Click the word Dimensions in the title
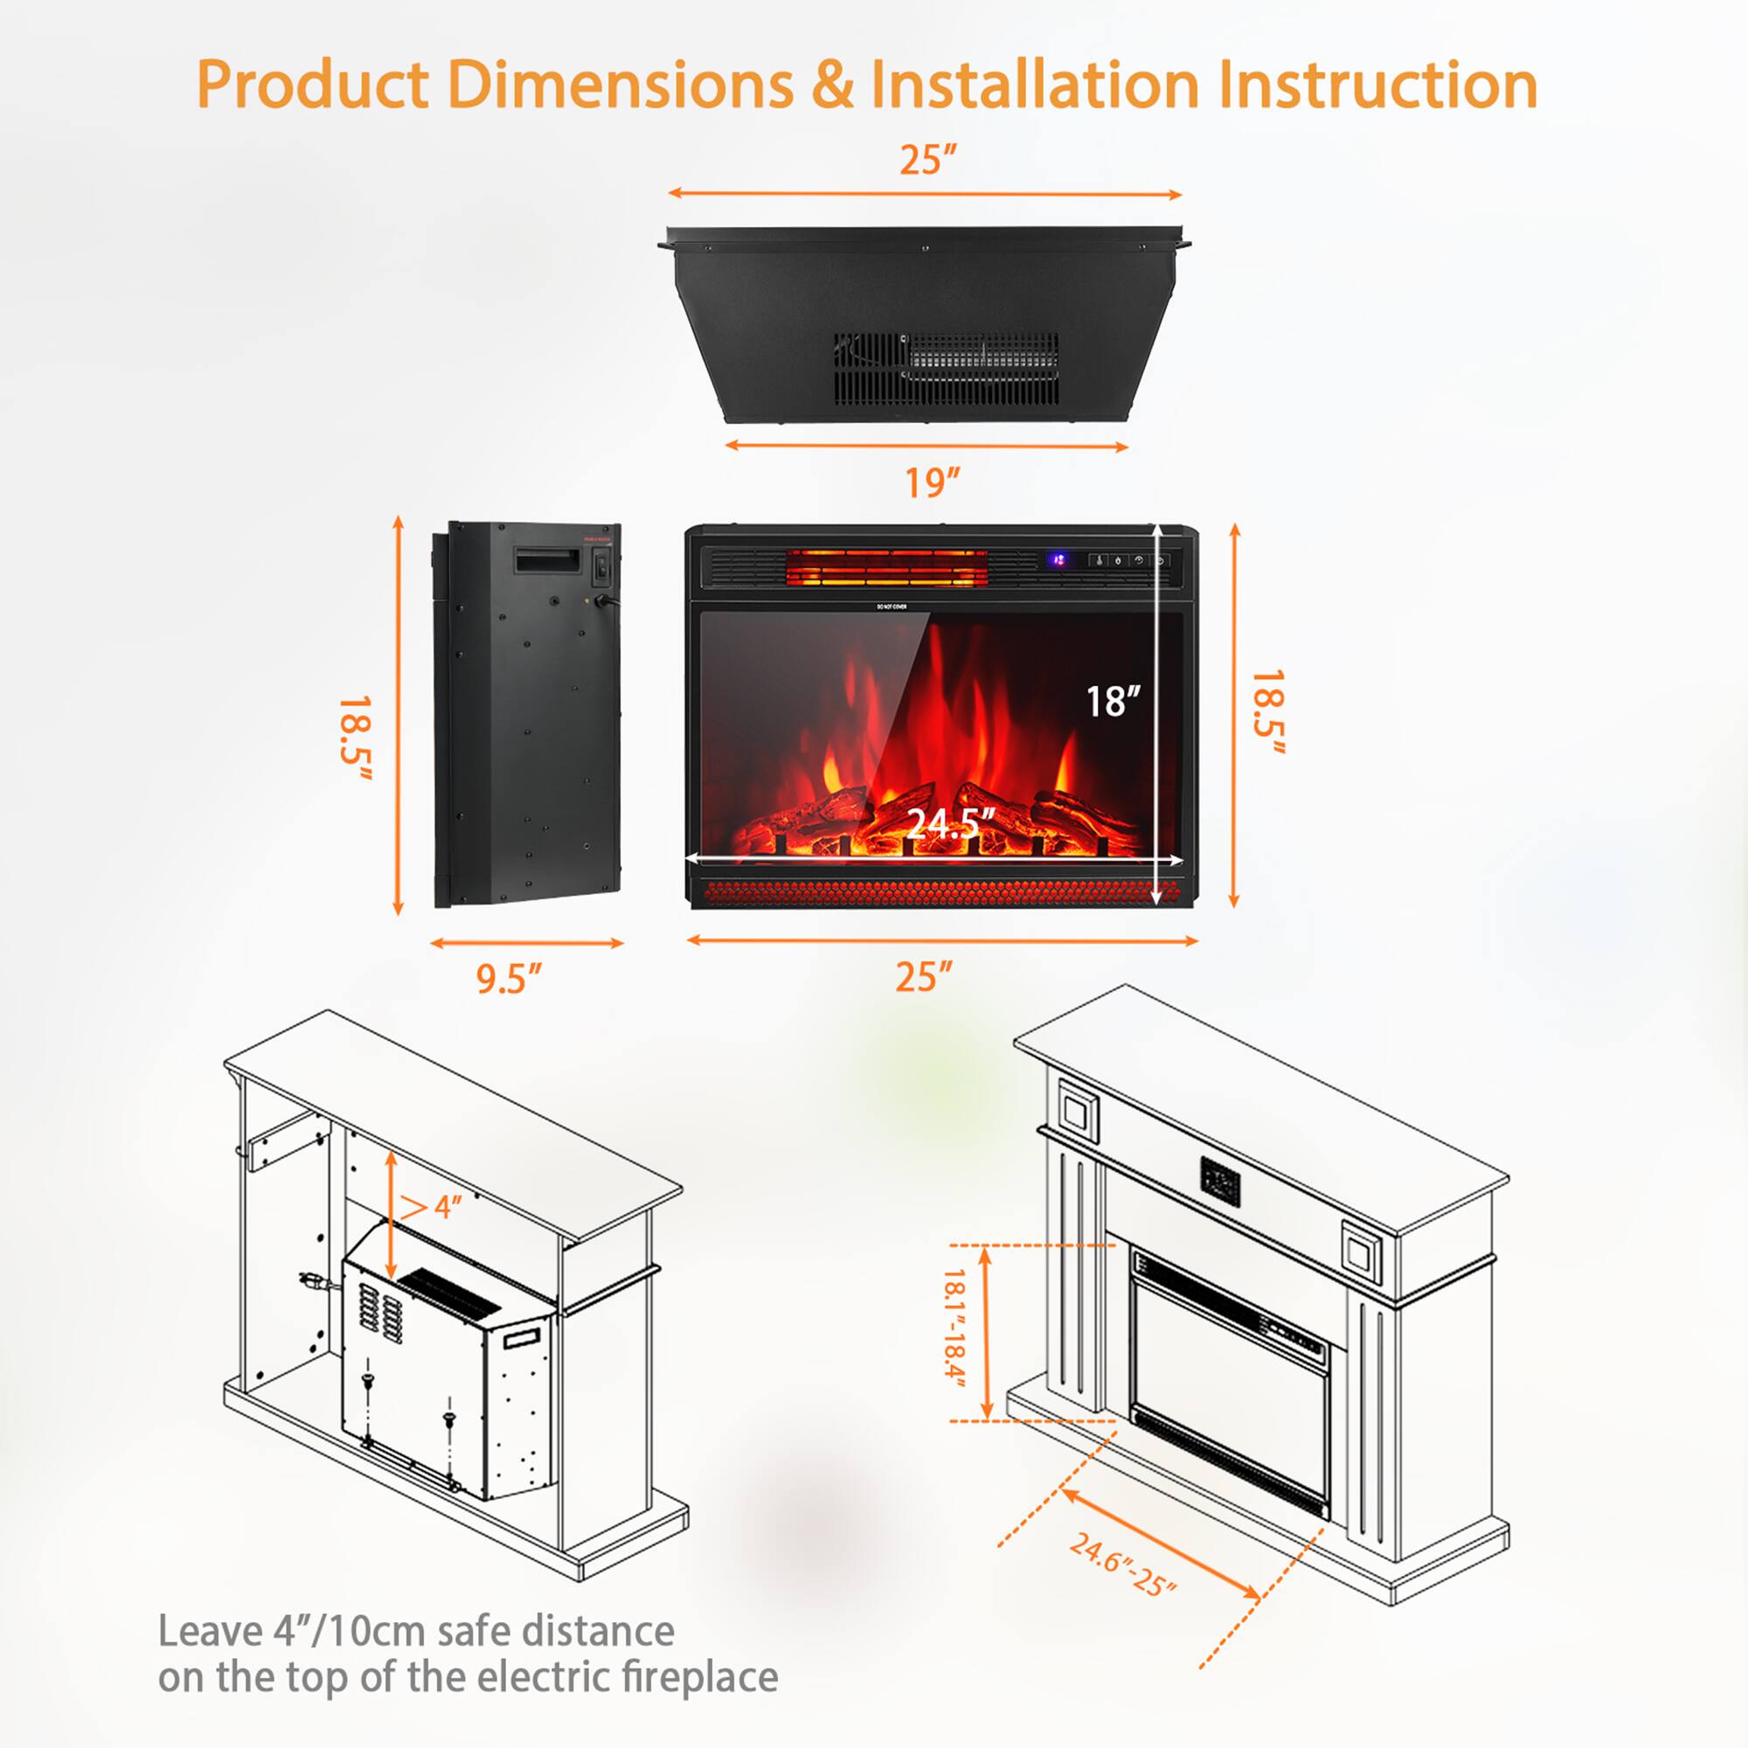point(620,85)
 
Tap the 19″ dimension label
point(932,482)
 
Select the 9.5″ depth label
point(509,978)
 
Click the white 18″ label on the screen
point(1112,701)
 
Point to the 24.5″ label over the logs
point(950,822)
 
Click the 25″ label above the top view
point(927,160)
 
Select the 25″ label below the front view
point(924,977)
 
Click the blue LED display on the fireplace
point(1057,560)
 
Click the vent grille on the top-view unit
point(947,368)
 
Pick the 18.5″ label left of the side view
point(355,738)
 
